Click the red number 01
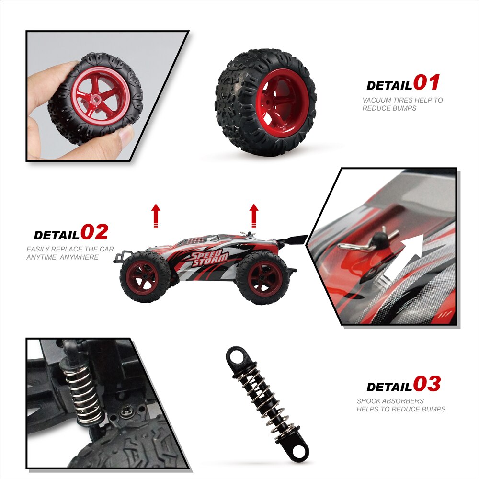coord(426,82)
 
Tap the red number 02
coord(94,231)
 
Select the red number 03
coord(427,384)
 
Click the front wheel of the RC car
coord(145,277)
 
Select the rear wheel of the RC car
coord(262,278)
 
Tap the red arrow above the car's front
coord(156,216)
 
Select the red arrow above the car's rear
coord(253,216)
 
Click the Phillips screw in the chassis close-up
coord(126,413)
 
